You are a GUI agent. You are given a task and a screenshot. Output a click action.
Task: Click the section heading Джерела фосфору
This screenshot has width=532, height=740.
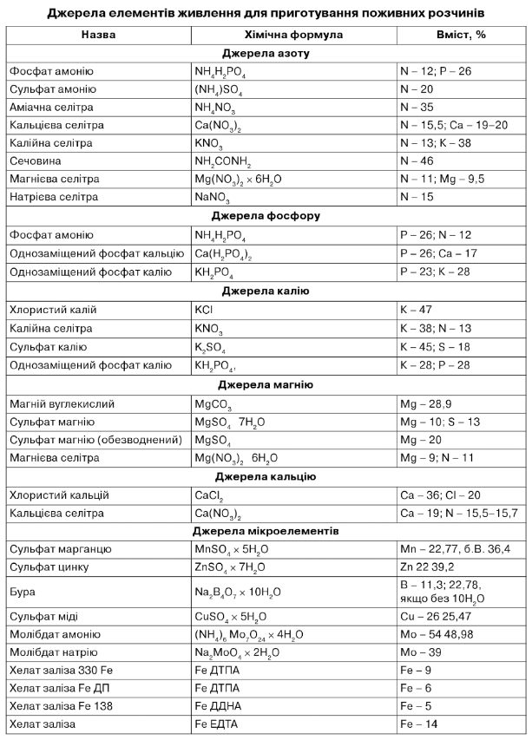pyautogui.click(x=266, y=215)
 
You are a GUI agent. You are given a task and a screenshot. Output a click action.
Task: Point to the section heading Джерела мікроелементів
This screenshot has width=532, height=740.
pyautogui.click(x=266, y=530)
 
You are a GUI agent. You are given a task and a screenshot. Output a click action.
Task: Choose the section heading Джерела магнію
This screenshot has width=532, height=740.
pyautogui.click(x=266, y=384)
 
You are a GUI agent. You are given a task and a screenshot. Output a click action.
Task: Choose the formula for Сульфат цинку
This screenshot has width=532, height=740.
pyautogui.click(x=236, y=567)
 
